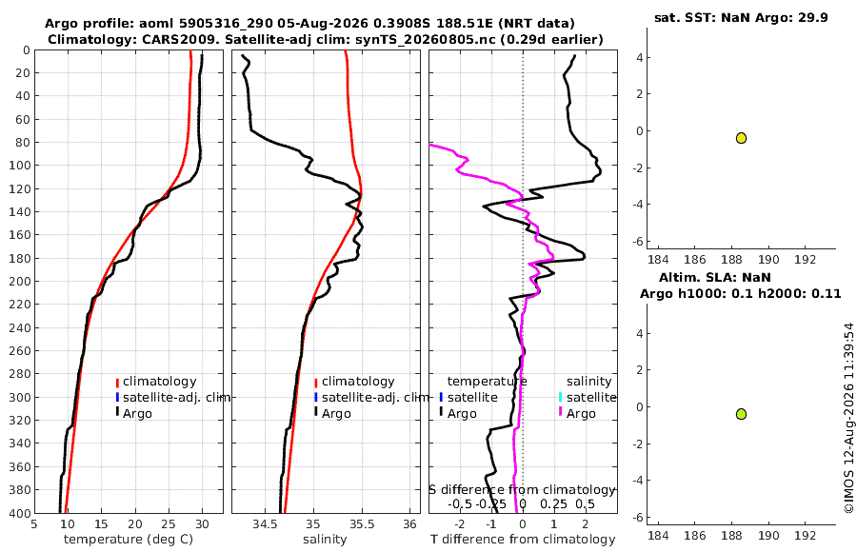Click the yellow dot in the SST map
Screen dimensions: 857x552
click(x=741, y=138)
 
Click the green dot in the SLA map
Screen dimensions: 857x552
click(x=741, y=414)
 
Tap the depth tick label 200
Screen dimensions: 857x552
click(x=21, y=281)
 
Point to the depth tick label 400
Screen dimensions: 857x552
click(x=21, y=513)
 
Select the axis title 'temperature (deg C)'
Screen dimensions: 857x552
click(x=129, y=540)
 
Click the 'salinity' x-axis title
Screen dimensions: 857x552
click(x=325, y=540)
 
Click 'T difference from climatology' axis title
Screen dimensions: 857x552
click(x=523, y=540)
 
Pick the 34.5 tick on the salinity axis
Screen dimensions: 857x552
click(x=266, y=524)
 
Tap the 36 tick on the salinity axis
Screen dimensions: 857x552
click(x=409, y=524)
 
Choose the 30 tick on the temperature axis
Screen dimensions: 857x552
click(x=202, y=524)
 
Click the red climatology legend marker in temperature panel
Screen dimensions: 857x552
click(x=117, y=383)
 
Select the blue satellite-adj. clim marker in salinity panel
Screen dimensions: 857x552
click(x=316, y=397)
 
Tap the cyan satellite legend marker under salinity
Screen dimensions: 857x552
click(x=560, y=397)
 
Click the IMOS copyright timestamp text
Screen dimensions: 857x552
click(x=848, y=418)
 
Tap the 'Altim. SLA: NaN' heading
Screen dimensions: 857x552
click(x=715, y=277)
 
